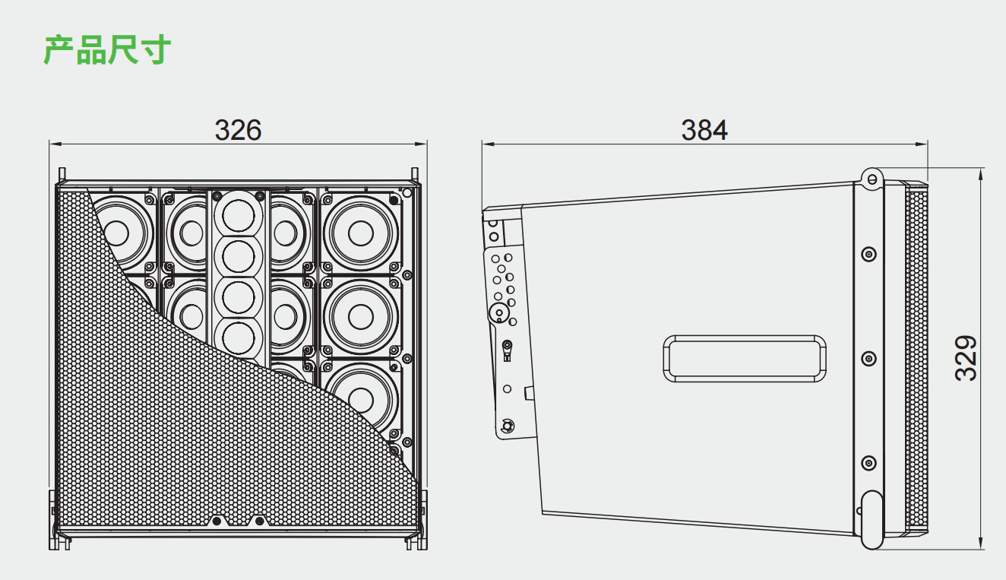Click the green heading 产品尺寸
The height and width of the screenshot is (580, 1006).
[107, 49]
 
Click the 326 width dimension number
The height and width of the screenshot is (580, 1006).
[238, 130]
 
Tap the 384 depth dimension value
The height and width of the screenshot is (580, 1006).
[704, 130]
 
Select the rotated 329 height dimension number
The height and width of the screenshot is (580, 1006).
[965, 358]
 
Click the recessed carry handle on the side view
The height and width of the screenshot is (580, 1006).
[745, 359]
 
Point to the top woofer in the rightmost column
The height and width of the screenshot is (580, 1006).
[361, 233]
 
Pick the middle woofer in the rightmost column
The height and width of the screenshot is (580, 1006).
[361, 317]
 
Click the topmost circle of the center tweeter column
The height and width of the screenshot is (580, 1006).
[239, 216]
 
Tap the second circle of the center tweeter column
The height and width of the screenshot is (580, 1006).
[239, 256]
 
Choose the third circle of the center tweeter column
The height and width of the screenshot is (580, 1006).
[239, 297]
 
